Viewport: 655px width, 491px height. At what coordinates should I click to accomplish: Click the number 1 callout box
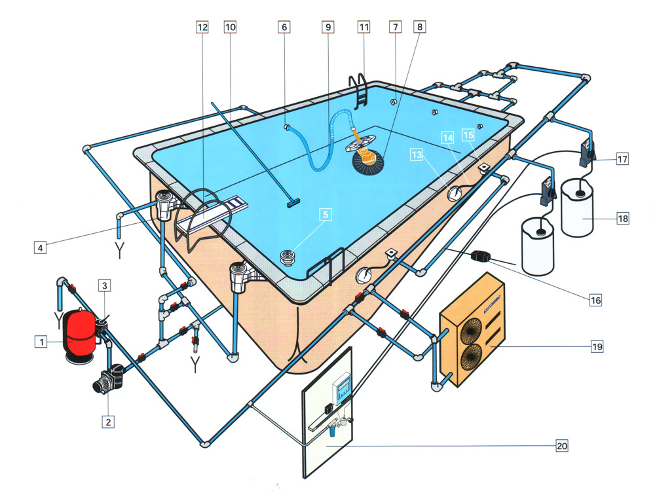[x=41, y=341]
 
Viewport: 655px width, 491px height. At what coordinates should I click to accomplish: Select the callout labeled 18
[x=621, y=219]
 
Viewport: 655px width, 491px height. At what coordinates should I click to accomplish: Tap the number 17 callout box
[x=621, y=159]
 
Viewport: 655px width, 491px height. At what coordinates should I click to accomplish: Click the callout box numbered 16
[x=595, y=300]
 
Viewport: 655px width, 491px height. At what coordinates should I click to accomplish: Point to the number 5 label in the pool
[x=324, y=213]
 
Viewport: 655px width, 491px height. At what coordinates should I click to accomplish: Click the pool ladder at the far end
[x=361, y=92]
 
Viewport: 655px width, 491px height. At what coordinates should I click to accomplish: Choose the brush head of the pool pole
[x=291, y=203]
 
